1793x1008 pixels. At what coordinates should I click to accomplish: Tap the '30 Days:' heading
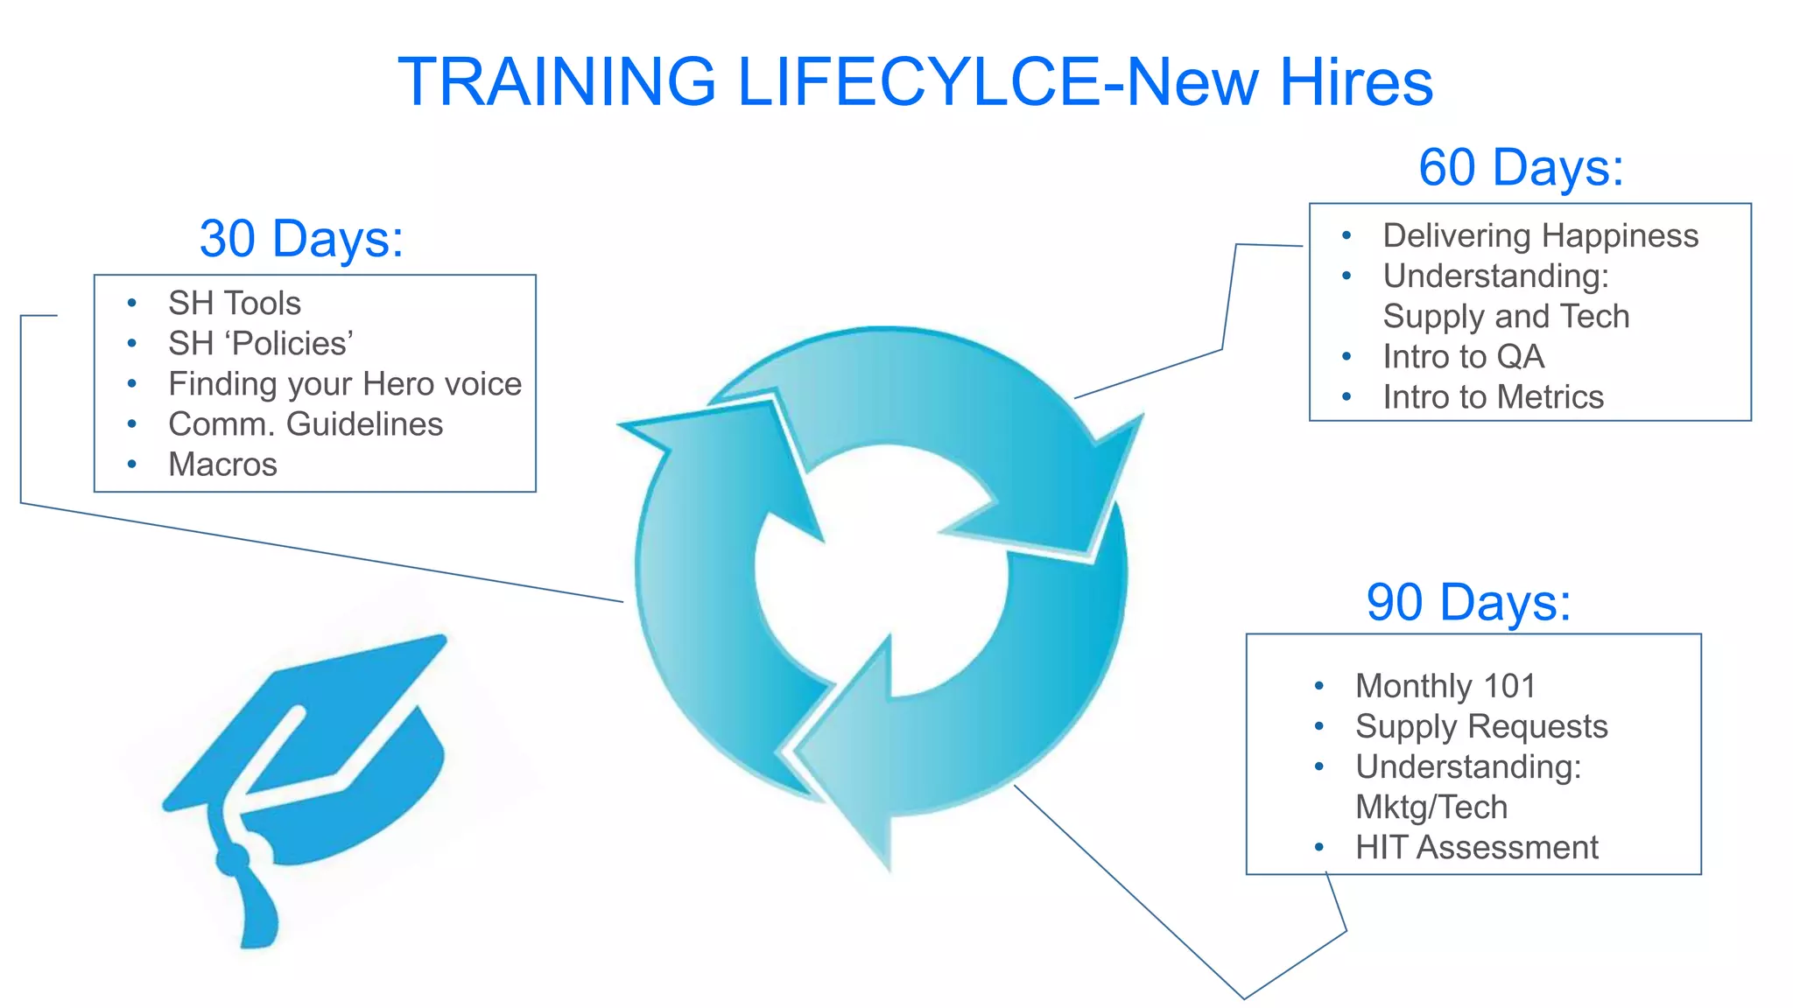pyautogui.click(x=301, y=239)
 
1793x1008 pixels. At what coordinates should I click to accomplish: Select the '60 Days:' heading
pyautogui.click(x=1521, y=167)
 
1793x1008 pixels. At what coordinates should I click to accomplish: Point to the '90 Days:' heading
pyautogui.click(x=1468, y=603)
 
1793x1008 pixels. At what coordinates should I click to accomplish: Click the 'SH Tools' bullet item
pyautogui.click(x=234, y=304)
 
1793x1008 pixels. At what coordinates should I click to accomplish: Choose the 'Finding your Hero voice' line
pyautogui.click(x=344, y=384)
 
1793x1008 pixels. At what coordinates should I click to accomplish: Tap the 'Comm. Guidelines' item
pyautogui.click(x=306, y=424)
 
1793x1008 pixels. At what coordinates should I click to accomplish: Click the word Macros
pyautogui.click(x=222, y=465)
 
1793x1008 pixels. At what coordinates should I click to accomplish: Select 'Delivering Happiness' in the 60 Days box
pyautogui.click(x=1540, y=236)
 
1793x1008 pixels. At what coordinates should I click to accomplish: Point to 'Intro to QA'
pyautogui.click(x=1463, y=357)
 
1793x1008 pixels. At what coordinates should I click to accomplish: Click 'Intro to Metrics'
pyautogui.click(x=1493, y=397)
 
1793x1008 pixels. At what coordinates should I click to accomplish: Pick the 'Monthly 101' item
pyautogui.click(x=1445, y=687)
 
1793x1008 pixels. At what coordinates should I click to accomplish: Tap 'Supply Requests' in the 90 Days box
pyautogui.click(x=1481, y=727)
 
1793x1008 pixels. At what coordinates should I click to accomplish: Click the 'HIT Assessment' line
pyautogui.click(x=1476, y=848)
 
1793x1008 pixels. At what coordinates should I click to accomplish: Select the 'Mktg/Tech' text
pyautogui.click(x=1431, y=808)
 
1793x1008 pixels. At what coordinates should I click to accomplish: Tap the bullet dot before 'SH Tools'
pyautogui.click(x=131, y=304)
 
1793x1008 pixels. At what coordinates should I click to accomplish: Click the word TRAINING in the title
pyautogui.click(x=557, y=82)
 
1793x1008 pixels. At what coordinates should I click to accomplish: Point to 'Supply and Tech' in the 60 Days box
pyautogui.click(x=1506, y=317)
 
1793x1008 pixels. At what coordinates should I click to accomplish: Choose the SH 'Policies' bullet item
pyautogui.click(x=261, y=344)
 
